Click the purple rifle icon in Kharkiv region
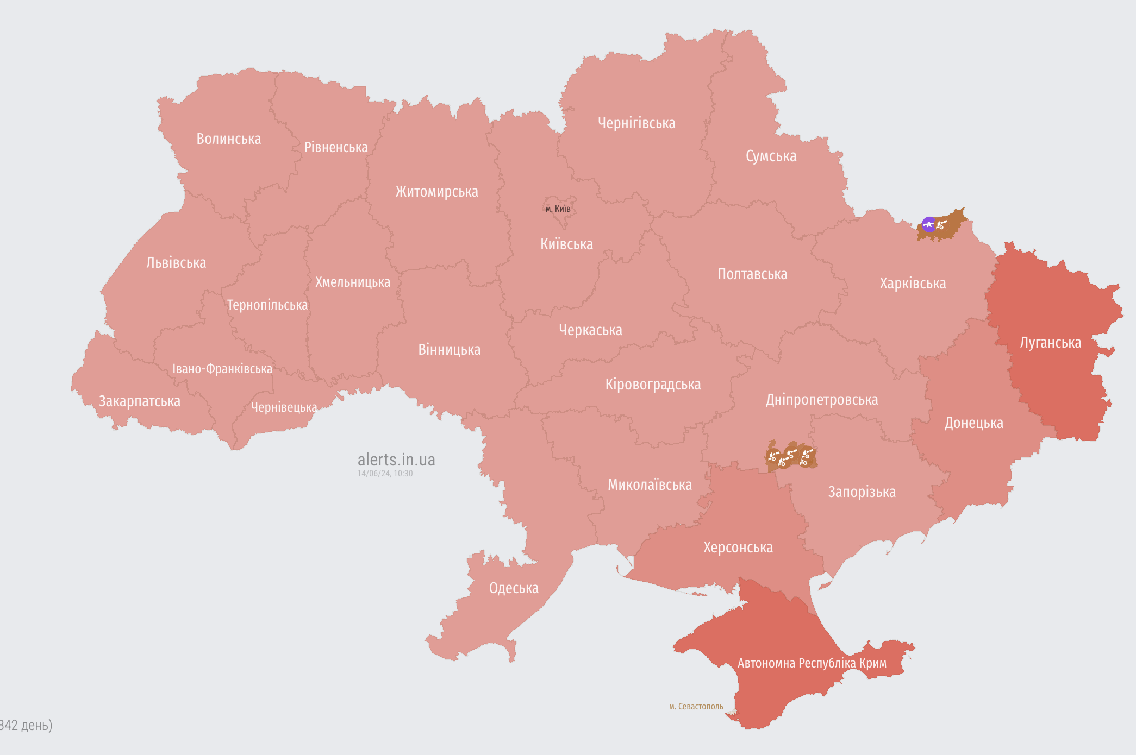pos(929,224)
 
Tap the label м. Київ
pos(558,209)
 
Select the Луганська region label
pos(1050,343)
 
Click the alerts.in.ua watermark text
pos(396,460)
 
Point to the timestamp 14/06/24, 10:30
pos(385,474)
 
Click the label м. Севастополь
pos(696,707)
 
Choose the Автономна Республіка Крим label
pos(812,663)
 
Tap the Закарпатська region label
pos(139,401)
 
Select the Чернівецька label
pos(284,407)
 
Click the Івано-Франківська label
pos(222,369)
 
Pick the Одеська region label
pos(514,588)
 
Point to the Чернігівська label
pos(636,123)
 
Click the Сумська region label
pos(771,156)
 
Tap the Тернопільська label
pos(267,305)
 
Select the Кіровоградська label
pos(653,385)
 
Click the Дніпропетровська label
pos(822,400)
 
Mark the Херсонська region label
pos(738,548)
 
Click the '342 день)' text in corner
pos(26,725)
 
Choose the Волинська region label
pos(228,139)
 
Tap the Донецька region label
pos(973,423)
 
